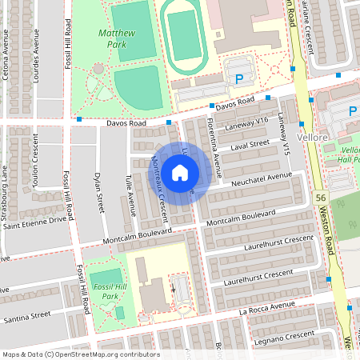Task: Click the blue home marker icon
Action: point(180,172)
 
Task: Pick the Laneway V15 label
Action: point(284,131)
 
